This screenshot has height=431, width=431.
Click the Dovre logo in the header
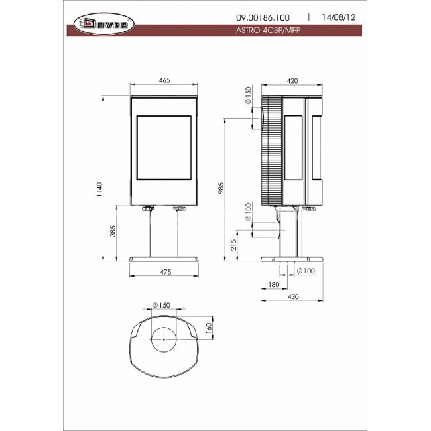[104, 24]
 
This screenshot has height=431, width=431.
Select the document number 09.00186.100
[263, 18]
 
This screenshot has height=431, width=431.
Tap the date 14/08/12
[339, 17]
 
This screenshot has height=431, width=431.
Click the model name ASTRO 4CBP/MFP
[268, 31]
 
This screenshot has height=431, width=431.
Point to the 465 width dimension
[164, 80]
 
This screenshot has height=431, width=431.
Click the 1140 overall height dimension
[99, 189]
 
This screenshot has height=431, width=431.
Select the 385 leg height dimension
[113, 231]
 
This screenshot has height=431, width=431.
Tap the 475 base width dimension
[166, 272]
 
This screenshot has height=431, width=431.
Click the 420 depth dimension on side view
[292, 81]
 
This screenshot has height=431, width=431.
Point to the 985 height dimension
[221, 188]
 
